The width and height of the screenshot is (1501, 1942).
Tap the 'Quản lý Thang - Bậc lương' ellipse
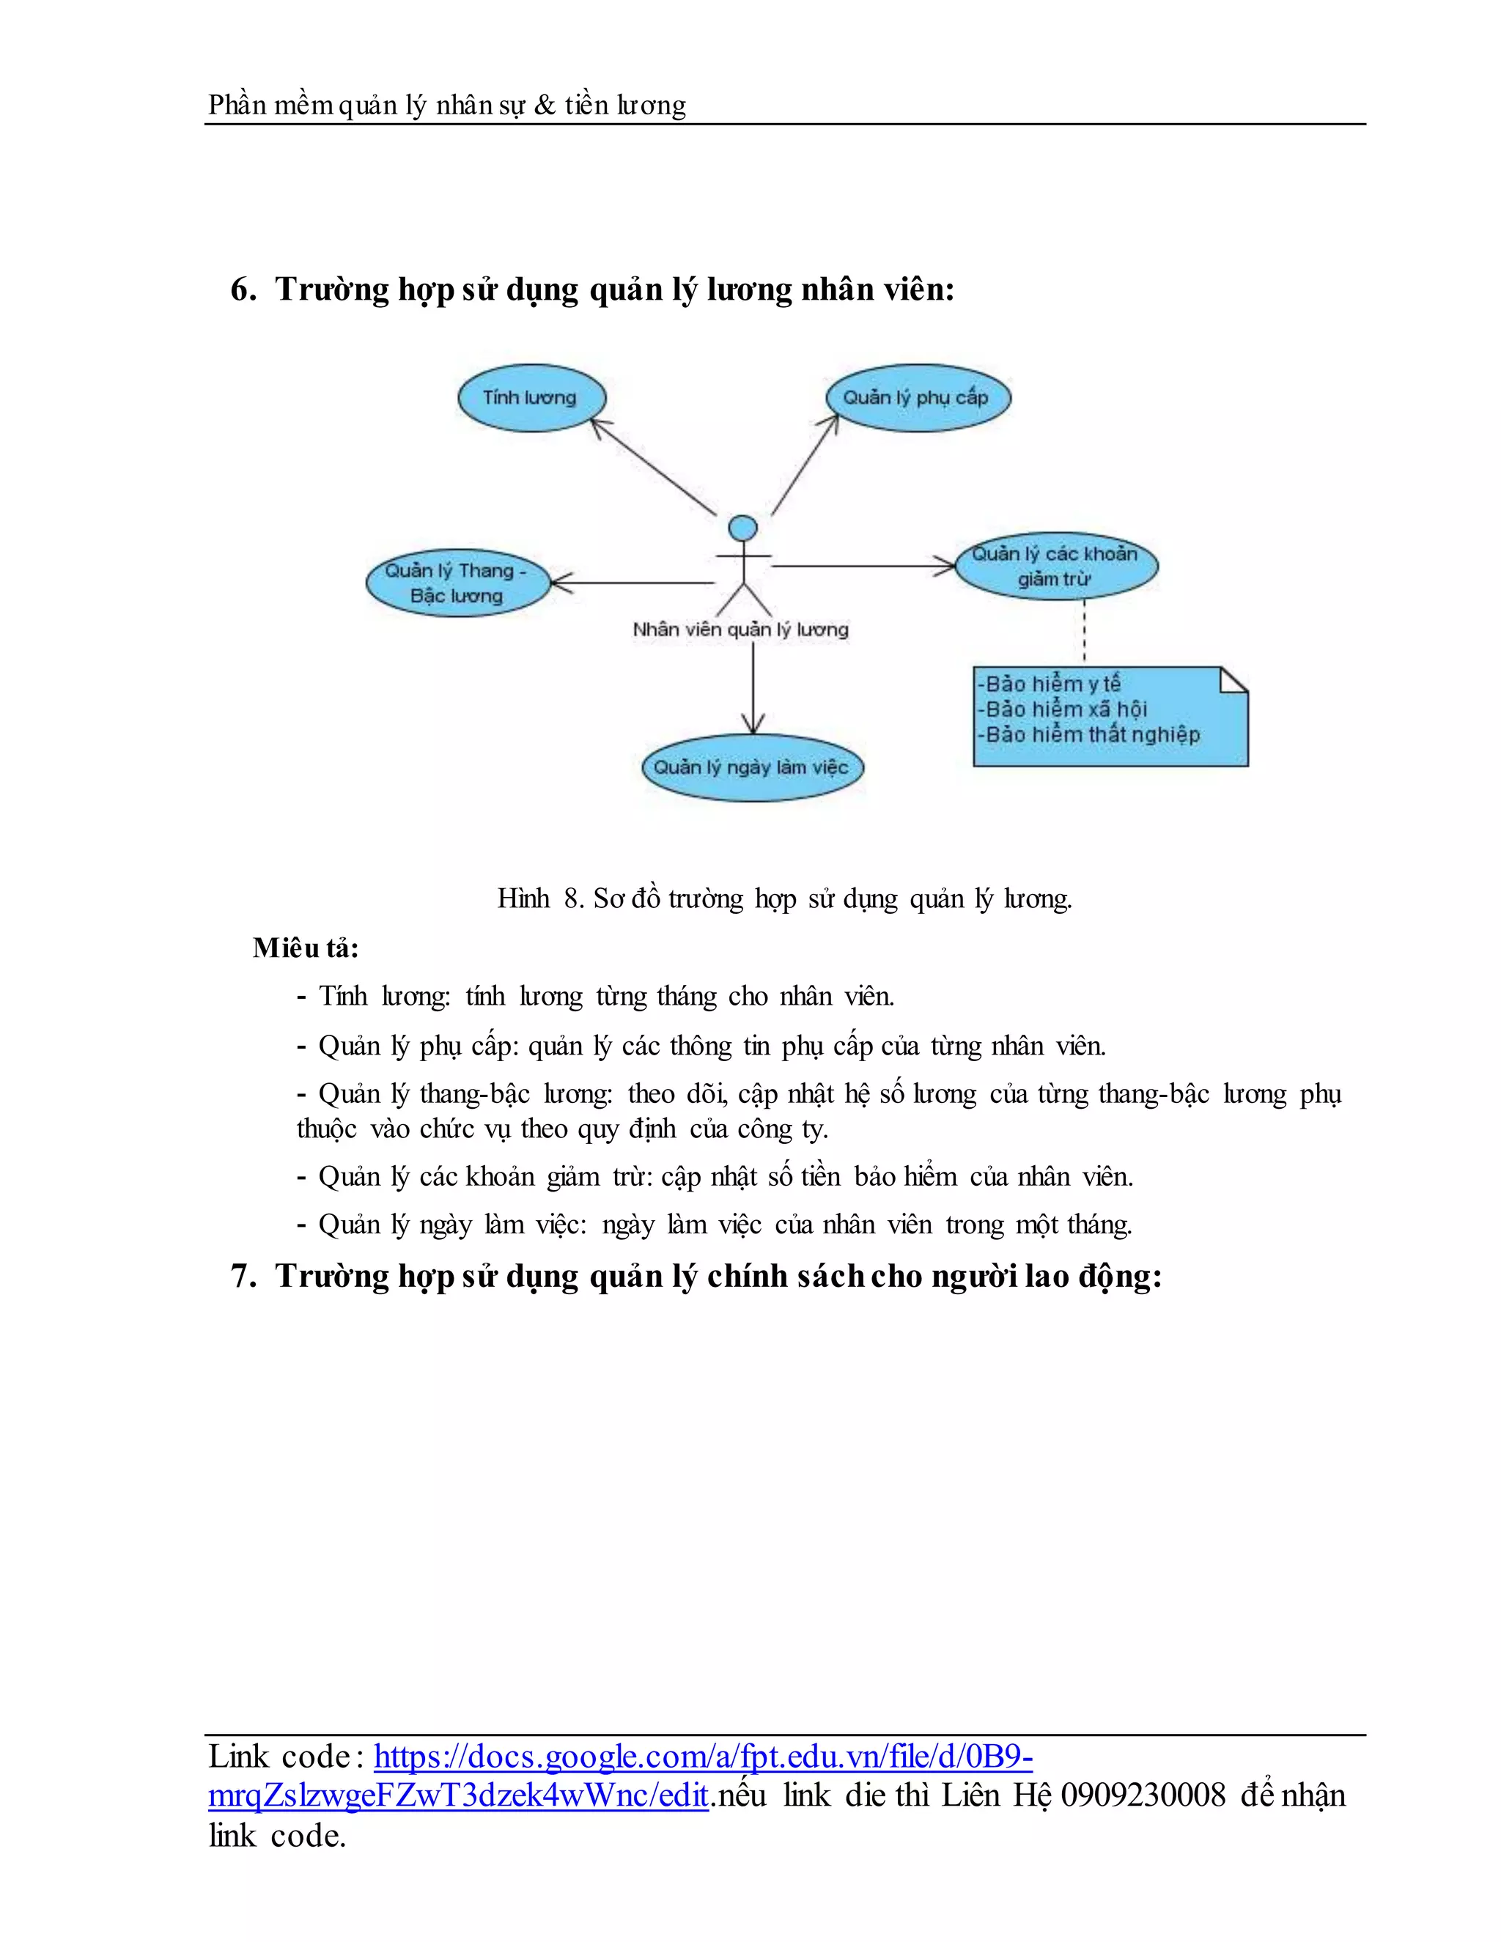[457, 583]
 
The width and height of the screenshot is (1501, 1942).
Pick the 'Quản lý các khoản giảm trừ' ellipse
[1055, 566]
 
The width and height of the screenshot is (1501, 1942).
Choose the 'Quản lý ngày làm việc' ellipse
[752, 767]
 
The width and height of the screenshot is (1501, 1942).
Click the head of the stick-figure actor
[742, 529]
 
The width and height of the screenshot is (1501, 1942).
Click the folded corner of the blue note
[1233, 680]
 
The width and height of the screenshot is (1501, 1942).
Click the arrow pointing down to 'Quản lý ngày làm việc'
[753, 689]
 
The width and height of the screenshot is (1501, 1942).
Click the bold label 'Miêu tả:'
[306, 948]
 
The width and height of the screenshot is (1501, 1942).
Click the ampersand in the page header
[545, 106]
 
